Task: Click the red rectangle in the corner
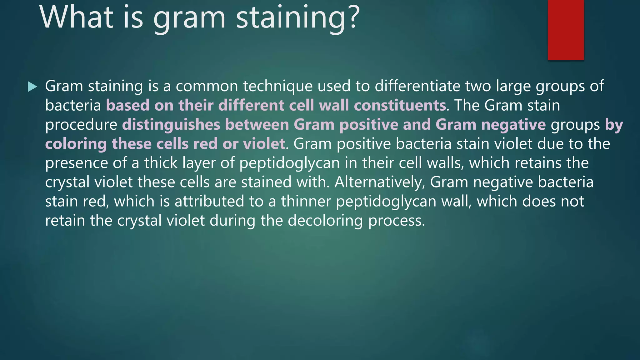pos(566,30)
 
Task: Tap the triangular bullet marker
pos(32,87)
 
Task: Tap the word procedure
pos(81,125)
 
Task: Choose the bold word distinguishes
pos(171,124)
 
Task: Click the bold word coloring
pos(76,144)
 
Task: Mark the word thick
pos(161,163)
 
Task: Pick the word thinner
pos(306,201)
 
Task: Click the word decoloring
pos(325,221)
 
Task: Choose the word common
pos(207,87)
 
